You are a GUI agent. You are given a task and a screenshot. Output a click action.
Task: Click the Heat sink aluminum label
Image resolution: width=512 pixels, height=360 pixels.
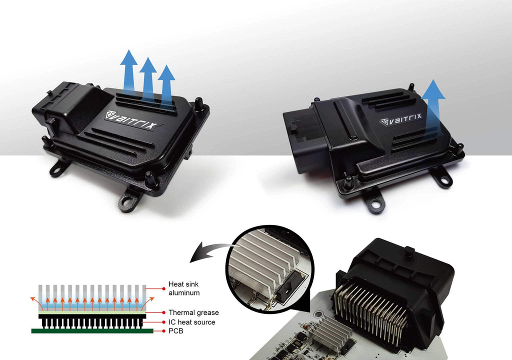point(184,288)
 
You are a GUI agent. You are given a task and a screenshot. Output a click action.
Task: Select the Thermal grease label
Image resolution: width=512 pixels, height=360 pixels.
point(193,312)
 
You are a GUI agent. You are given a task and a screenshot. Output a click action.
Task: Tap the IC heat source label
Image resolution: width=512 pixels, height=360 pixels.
point(191,322)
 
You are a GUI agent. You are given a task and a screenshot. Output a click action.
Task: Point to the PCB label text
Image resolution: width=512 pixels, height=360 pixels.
point(175,331)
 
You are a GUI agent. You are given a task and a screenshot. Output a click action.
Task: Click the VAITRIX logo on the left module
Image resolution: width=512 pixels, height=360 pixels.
point(131,119)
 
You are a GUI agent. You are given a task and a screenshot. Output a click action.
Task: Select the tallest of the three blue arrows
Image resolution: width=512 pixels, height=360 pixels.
point(128,72)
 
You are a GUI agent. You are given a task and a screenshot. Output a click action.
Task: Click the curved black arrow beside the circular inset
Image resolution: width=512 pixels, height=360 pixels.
point(210,250)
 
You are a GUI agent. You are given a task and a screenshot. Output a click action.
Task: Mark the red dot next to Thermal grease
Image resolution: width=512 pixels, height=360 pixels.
point(163,312)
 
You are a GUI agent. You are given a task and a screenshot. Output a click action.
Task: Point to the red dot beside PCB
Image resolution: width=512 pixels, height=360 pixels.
point(163,331)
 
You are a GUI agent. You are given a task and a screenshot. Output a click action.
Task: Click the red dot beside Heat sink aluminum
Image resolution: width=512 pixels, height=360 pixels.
point(163,289)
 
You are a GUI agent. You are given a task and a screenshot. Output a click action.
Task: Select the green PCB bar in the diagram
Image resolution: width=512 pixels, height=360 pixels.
point(92,331)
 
